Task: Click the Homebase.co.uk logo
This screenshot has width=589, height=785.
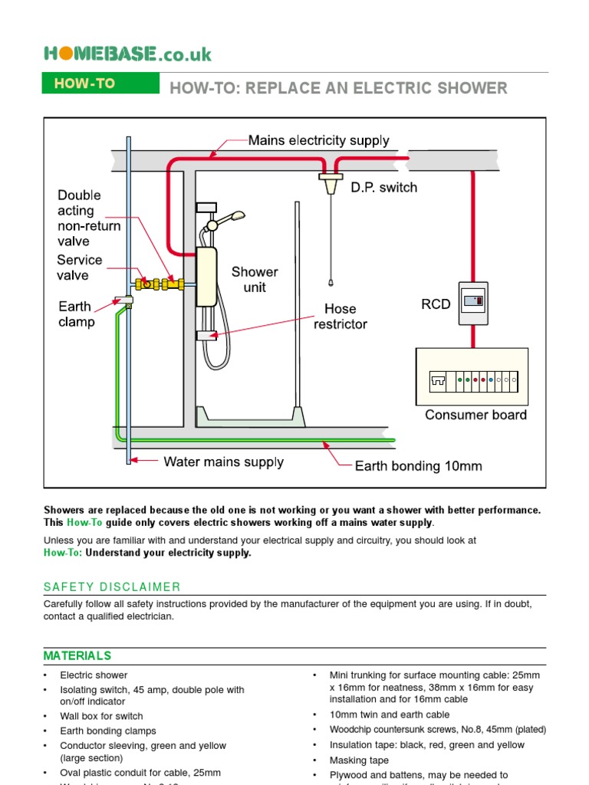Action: pos(127,54)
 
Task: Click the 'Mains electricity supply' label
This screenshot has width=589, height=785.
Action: pos(318,140)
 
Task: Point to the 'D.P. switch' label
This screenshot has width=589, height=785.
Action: pos(384,188)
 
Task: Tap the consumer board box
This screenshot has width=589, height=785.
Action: pos(472,377)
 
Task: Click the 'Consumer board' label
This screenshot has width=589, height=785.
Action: pos(475,415)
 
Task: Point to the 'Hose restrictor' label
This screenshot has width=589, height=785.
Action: pos(341,316)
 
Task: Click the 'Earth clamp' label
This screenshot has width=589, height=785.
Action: pos(77,314)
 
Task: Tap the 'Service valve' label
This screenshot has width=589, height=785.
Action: pos(79,268)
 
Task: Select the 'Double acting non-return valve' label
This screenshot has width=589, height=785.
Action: pos(89,218)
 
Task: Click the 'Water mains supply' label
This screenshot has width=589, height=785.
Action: pos(223,461)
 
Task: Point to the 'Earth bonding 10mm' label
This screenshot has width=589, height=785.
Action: pos(418,465)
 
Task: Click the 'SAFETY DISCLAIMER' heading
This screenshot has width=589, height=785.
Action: pos(112,587)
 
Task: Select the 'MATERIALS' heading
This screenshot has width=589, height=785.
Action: pos(77,655)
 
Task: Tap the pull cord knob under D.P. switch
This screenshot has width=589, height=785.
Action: pos(331,283)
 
